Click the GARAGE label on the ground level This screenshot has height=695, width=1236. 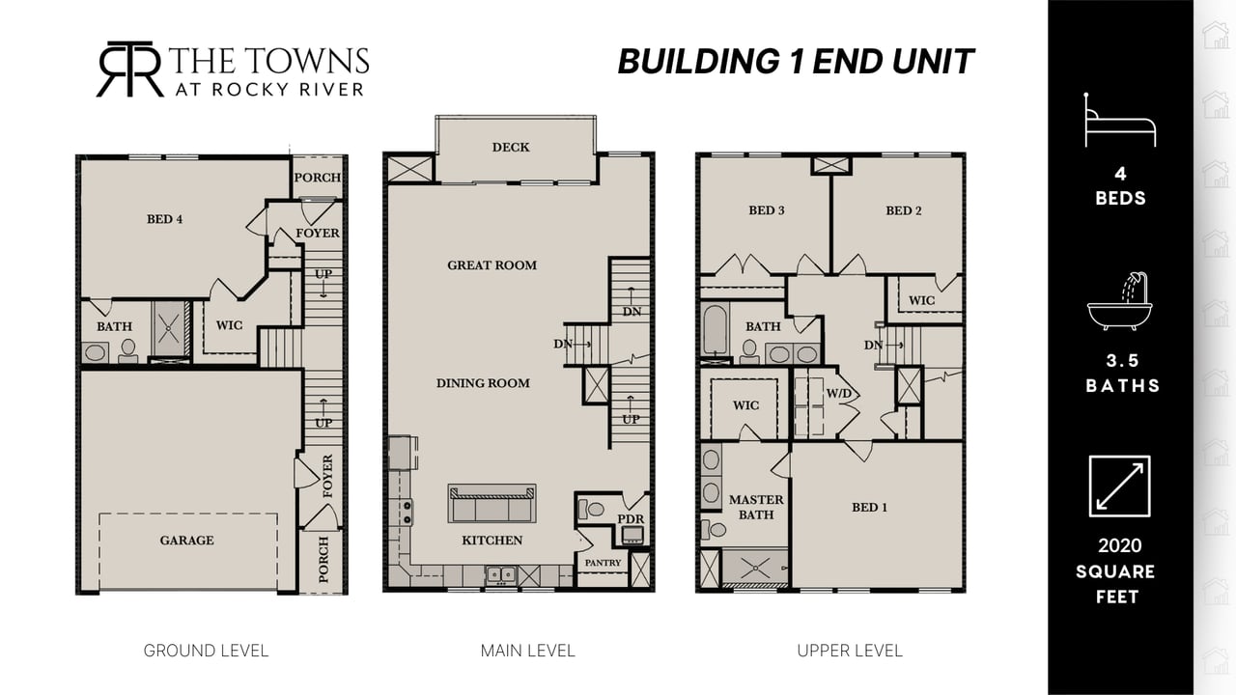click(x=186, y=541)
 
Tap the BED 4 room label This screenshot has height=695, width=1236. click(x=164, y=219)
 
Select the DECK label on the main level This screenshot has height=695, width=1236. click(x=511, y=148)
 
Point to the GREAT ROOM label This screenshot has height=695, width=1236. click(x=492, y=265)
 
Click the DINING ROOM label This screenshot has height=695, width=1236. click(x=483, y=383)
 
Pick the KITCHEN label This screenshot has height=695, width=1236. click(x=492, y=541)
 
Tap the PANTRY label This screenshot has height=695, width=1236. click(x=603, y=563)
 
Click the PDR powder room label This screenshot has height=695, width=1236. click(x=631, y=519)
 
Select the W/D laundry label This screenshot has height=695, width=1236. click(x=839, y=394)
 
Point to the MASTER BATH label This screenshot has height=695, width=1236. click(x=756, y=507)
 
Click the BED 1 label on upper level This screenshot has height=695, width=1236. click(x=869, y=508)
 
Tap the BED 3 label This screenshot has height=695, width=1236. click(x=766, y=210)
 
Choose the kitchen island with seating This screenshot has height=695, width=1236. click(x=492, y=503)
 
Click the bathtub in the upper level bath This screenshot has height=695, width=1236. click(x=716, y=330)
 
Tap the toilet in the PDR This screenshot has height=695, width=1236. click(x=590, y=509)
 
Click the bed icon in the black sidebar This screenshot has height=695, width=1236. click(x=1120, y=120)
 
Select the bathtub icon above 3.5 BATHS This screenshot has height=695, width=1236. click(x=1119, y=301)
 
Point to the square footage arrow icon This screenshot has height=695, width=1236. click(x=1119, y=486)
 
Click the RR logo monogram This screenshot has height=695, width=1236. click(x=130, y=69)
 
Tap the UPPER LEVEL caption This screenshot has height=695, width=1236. click(x=850, y=651)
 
